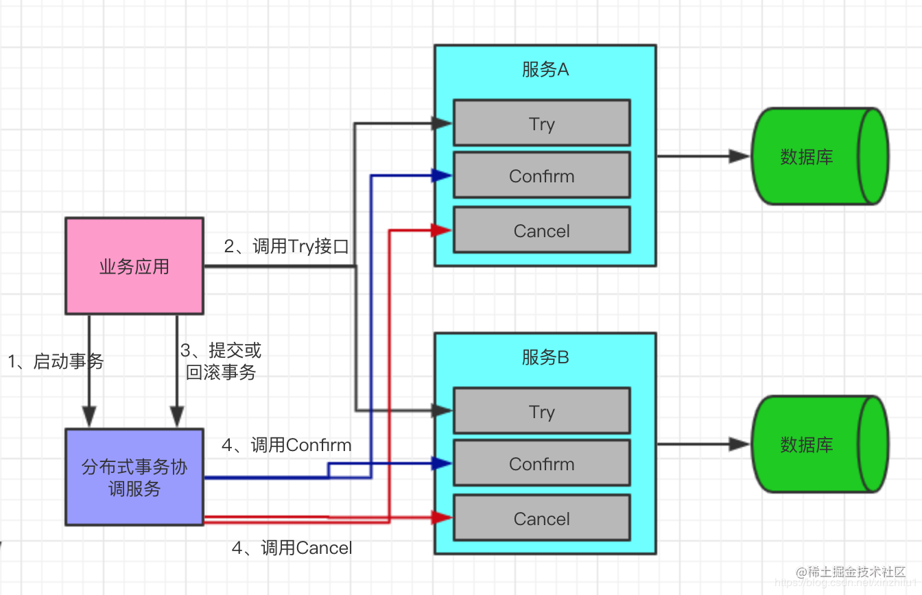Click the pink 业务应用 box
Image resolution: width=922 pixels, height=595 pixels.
(x=134, y=266)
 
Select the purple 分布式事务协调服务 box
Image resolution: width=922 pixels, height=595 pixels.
(x=134, y=477)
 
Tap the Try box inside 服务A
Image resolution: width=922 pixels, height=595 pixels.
(x=541, y=123)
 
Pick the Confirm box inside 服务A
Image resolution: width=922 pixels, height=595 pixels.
(x=541, y=175)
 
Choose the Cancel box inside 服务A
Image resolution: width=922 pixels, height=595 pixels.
(x=541, y=230)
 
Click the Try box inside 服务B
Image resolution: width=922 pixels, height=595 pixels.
(x=541, y=411)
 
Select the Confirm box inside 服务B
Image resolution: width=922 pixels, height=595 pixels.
(x=541, y=463)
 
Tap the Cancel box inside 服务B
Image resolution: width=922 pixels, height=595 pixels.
(x=541, y=518)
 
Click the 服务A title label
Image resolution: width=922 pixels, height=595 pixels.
(x=545, y=69)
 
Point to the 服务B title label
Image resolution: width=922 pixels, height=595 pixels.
(x=545, y=357)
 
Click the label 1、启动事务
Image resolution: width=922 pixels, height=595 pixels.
(x=56, y=361)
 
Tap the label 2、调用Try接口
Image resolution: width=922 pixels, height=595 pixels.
(x=287, y=247)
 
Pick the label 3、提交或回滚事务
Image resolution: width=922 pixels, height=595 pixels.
(x=221, y=362)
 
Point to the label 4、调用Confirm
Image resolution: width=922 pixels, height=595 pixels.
(x=286, y=446)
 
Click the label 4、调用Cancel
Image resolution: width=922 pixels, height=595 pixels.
(x=292, y=548)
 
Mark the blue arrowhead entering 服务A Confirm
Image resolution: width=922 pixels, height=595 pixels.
(x=442, y=175)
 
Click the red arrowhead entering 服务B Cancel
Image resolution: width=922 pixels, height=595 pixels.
(x=442, y=518)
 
